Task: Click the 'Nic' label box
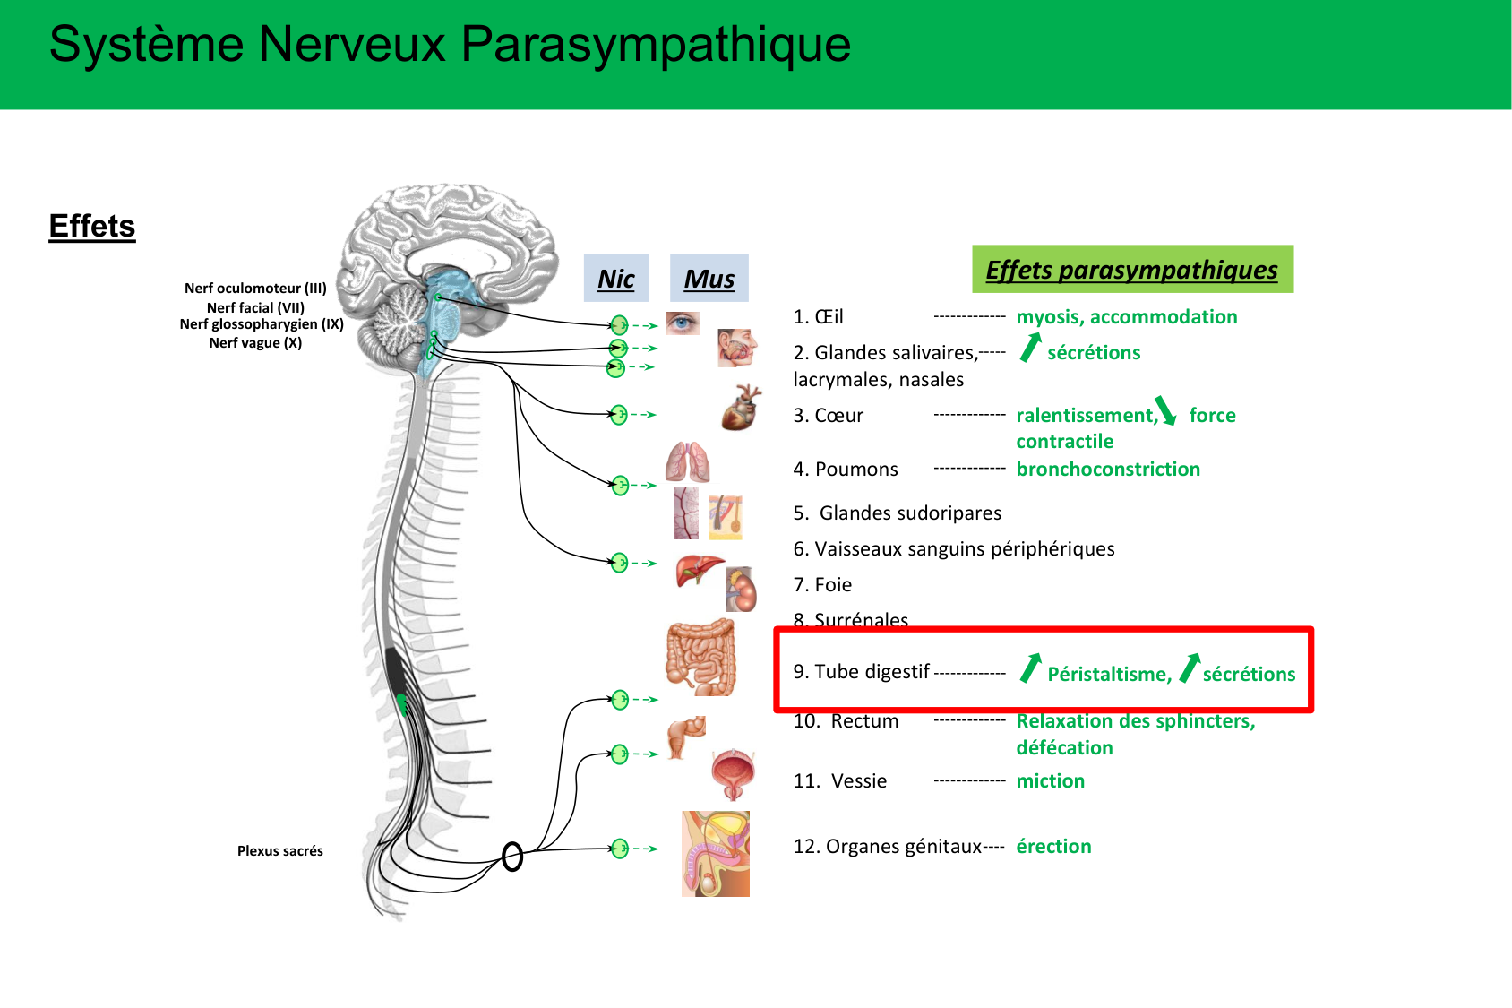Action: (616, 279)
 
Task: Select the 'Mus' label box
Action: (709, 279)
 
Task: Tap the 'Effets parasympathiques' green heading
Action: (1132, 269)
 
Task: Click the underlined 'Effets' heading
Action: (92, 226)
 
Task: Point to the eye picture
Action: (683, 323)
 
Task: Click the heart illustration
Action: (741, 408)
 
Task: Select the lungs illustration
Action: (687, 462)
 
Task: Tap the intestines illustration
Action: (701, 659)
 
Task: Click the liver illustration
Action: (699, 570)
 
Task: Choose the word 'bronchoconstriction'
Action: (1108, 469)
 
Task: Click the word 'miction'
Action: (1050, 780)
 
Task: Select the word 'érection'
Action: (1053, 846)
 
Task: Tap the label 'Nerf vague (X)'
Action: (255, 342)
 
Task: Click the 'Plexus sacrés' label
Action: (279, 850)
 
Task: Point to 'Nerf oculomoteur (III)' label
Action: (255, 288)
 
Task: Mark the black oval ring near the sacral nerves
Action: (512, 857)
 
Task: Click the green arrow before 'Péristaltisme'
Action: (1031, 668)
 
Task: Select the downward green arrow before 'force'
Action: (1165, 410)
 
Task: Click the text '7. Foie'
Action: (822, 584)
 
